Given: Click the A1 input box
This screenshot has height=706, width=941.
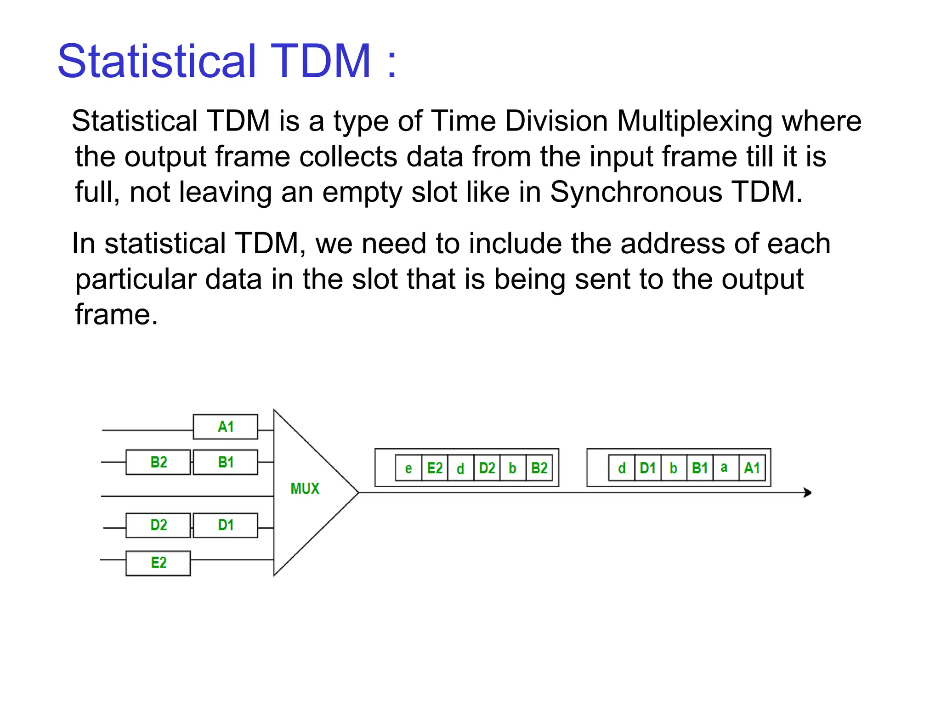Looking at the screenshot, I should pos(225,427).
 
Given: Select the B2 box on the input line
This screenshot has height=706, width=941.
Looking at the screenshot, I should pos(158,462).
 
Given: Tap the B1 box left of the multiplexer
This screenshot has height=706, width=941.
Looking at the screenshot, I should pos(225,462).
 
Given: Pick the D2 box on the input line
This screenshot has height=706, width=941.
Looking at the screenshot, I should pos(158,525).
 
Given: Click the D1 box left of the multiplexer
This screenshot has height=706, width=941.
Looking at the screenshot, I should pos(225,525).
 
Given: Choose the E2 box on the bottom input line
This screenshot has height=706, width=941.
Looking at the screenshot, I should pos(158,563).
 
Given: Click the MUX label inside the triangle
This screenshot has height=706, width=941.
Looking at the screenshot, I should pos(305,489).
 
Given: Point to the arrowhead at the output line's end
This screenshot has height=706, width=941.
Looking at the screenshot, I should pos(807,492).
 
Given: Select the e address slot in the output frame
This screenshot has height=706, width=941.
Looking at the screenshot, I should pos(408,468).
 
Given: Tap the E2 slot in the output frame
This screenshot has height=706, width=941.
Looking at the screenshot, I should pos(435,468).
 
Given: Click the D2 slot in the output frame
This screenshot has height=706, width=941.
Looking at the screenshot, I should pos(487,468).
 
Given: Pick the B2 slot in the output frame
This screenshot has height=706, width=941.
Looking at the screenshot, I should pos(539,468).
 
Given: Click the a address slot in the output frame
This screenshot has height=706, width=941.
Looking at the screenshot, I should pos(724,468).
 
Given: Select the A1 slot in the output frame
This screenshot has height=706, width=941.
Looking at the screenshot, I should pos(752,468).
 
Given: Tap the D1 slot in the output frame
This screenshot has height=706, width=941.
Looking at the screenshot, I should pos(647,468).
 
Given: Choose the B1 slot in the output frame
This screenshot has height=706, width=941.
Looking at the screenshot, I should pos(699,468).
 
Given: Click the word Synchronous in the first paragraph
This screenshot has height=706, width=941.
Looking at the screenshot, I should pos(636,192).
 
